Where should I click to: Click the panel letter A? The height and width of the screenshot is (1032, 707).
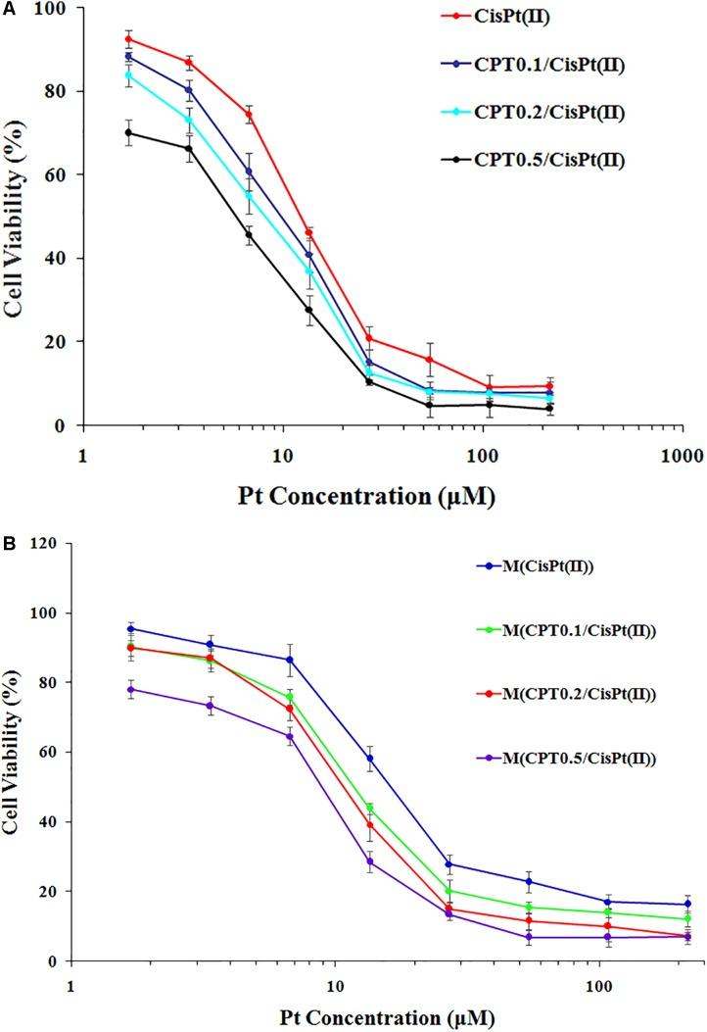[8, 9]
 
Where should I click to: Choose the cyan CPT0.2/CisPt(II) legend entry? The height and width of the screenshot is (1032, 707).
[572, 113]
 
